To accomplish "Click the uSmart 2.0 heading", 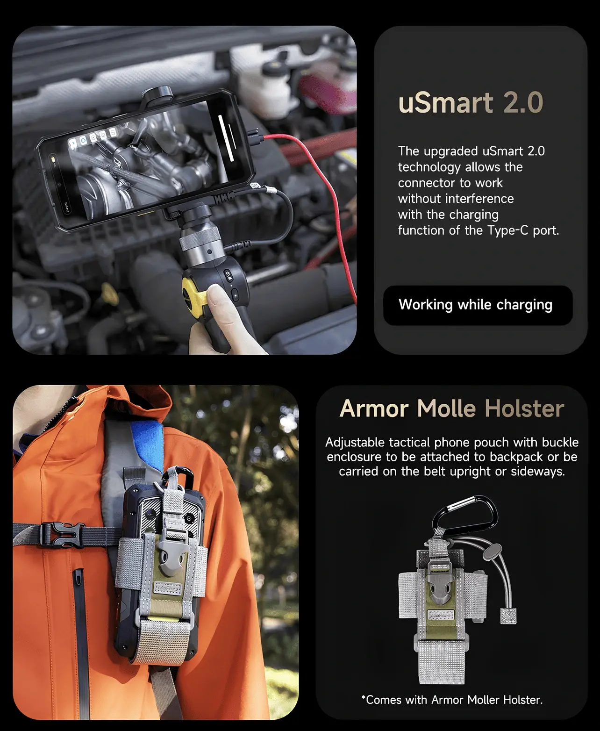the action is [471, 103].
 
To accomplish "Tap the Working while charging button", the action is [478, 305].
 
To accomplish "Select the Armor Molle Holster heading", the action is [452, 408].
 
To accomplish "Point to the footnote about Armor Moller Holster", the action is [452, 700].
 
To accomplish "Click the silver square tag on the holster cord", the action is [508, 616].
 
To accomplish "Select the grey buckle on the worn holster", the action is [169, 553].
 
